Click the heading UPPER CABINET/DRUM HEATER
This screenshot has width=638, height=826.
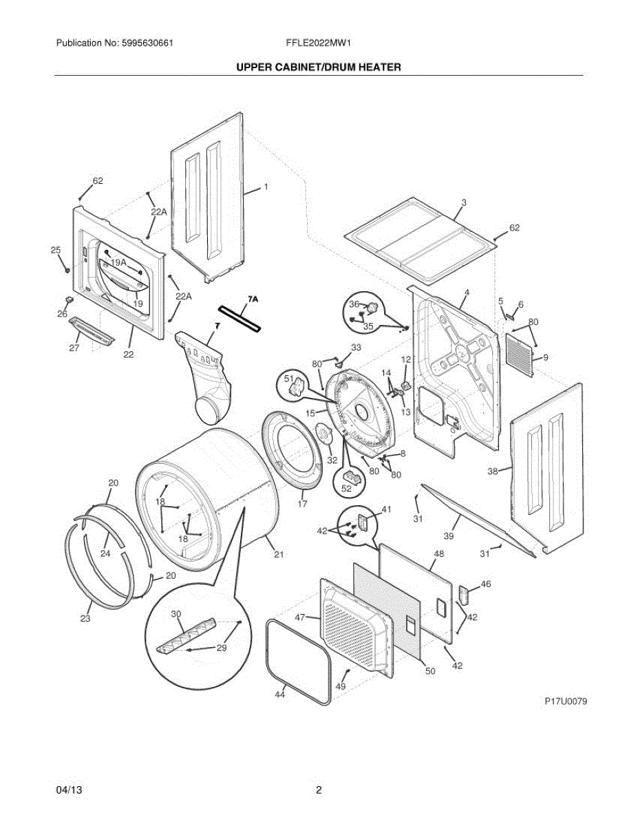(319, 67)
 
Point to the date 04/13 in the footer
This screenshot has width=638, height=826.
(69, 790)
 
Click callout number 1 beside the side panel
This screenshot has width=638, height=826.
(266, 187)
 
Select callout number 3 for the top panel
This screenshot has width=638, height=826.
(464, 202)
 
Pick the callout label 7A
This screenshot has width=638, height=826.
(252, 299)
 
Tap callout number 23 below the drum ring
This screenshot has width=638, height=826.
(85, 619)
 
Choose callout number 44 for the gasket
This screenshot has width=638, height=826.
(279, 695)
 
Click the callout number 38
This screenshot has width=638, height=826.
(492, 472)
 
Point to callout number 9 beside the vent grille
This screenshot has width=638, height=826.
(545, 357)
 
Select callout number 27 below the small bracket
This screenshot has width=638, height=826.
(74, 348)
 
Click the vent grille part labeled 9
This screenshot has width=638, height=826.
(521, 355)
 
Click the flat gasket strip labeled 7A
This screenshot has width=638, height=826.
(240, 319)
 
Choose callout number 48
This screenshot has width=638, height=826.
(438, 553)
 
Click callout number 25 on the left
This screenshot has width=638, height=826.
(56, 250)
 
